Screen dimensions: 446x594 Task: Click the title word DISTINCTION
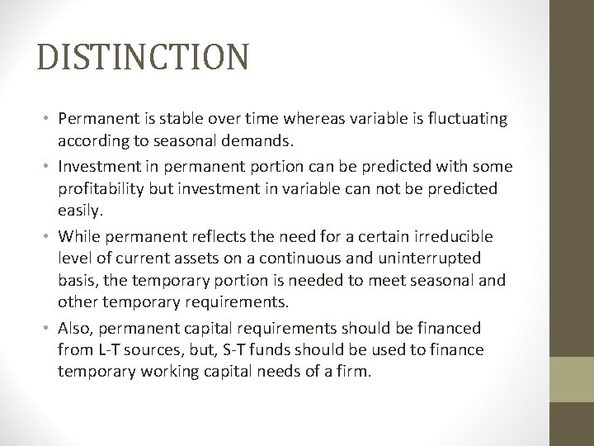142,57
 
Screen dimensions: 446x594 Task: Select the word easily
79,212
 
